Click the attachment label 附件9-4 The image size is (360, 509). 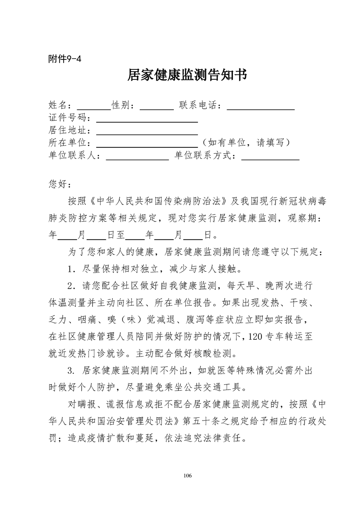(x=64, y=59)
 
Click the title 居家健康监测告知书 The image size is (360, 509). (x=187, y=76)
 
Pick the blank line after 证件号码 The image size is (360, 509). (x=147, y=121)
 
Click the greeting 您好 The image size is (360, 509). (x=57, y=184)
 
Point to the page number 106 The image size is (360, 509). (x=187, y=475)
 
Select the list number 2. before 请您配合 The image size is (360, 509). (x=71, y=286)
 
